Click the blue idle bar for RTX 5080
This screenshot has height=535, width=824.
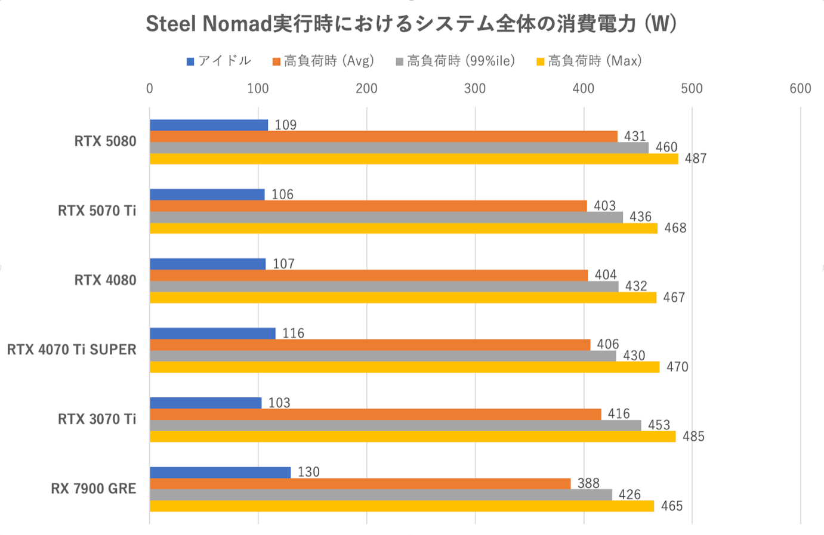point(209,125)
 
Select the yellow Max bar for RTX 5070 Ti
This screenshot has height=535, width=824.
point(403,228)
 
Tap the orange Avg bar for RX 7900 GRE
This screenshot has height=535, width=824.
point(360,484)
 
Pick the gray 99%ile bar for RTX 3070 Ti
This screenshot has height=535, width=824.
point(395,425)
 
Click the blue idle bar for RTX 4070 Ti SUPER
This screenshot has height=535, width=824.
point(212,333)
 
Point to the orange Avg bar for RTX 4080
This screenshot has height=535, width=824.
point(368,275)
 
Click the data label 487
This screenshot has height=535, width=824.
point(696,159)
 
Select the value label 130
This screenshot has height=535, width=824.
point(308,472)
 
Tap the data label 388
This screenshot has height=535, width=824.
point(588,484)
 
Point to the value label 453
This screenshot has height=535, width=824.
point(659,425)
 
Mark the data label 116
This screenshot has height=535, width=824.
point(293,333)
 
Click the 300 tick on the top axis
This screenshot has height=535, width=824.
point(475,89)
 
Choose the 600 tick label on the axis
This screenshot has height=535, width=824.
point(800,89)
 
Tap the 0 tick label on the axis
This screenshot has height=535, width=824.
point(150,89)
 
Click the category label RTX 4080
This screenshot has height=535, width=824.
point(105,280)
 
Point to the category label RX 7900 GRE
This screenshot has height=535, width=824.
point(94,489)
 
